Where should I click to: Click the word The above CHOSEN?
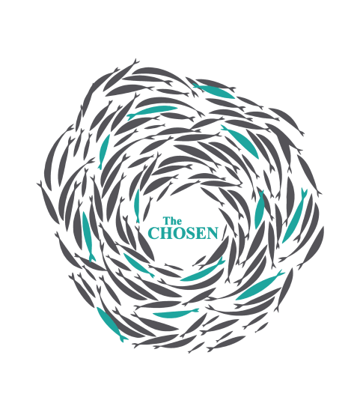pyautogui.click(x=172, y=221)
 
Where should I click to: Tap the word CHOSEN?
pyautogui.click(x=183, y=233)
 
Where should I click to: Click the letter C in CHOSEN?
pyautogui.click(x=153, y=233)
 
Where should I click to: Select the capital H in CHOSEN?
pyautogui.click(x=166, y=233)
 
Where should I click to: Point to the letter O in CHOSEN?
pyautogui.click(x=179, y=233)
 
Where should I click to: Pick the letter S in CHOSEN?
pyautogui.click(x=190, y=233)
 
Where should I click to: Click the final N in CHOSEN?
pyautogui.click(x=213, y=233)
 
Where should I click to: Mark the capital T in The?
pyautogui.click(x=166, y=221)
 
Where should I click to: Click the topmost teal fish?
pyautogui.click(x=213, y=91)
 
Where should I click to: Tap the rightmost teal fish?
pyautogui.click(x=295, y=216)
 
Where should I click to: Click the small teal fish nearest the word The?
pyautogui.click(x=137, y=206)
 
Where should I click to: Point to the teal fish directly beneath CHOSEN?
pyautogui.click(x=203, y=270)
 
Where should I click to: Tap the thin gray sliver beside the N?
pyautogui.click(x=224, y=232)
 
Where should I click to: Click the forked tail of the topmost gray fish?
pyautogui.click(x=135, y=61)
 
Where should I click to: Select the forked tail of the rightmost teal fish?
pyautogui.click(x=305, y=192)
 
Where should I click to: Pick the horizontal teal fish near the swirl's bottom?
pyautogui.click(x=175, y=313)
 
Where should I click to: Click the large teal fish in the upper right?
pyautogui.click(x=240, y=142)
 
